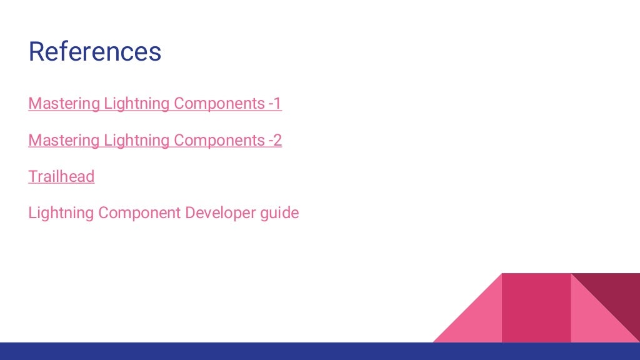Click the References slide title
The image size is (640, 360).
pyautogui.click(x=95, y=52)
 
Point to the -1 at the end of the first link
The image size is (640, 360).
pyautogui.click(x=275, y=104)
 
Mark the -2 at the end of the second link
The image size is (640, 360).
pyautogui.click(x=275, y=141)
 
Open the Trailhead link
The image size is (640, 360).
pyautogui.click(x=61, y=177)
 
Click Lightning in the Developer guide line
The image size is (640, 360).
pyautogui.click(x=61, y=213)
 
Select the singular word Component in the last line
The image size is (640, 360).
pyautogui.click(x=139, y=213)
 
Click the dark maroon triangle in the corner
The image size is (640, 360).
pyautogui.click(x=616, y=294)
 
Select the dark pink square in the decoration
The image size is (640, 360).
pyautogui.click(x=536, y=307)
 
